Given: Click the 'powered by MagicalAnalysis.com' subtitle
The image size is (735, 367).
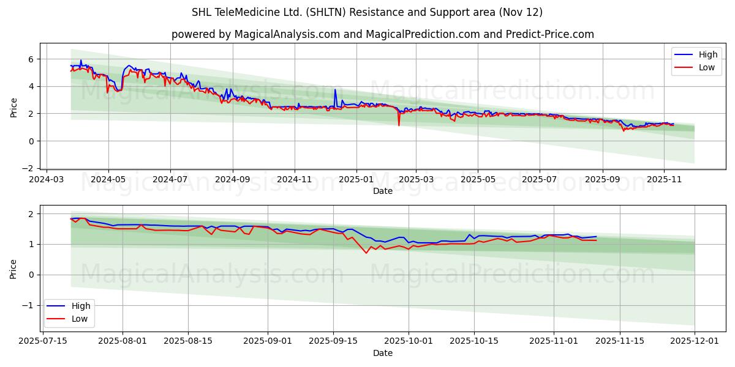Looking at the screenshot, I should click(x=382, y=34).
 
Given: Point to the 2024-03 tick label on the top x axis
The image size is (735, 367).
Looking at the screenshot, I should click(x=47, y=180).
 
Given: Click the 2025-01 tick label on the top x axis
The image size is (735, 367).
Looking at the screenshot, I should click(x=356, y=180).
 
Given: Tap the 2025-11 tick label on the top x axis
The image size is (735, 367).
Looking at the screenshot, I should click(x=664, y=180).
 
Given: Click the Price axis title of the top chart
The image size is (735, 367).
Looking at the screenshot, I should click(x=14, y=106).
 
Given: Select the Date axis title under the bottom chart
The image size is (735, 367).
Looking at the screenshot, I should click(x=382, y=353).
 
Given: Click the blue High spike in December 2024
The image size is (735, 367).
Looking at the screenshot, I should click(x=335, y=90).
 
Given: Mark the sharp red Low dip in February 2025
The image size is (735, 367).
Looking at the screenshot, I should click(x=399, y=125).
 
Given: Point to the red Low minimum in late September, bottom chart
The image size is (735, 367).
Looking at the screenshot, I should click(x=366, y=253).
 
